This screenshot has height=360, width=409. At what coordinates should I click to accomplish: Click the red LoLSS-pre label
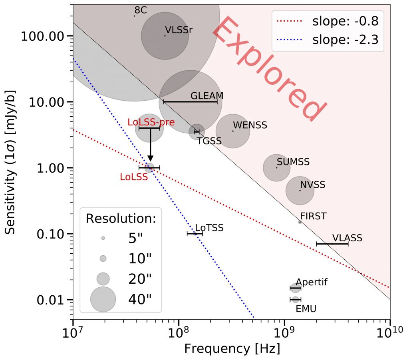151,122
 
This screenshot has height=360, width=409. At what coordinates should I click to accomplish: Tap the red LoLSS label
134,177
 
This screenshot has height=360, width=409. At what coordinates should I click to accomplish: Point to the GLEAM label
206,96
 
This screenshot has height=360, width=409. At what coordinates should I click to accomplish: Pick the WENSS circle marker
233,131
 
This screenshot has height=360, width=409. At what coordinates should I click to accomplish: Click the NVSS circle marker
300,191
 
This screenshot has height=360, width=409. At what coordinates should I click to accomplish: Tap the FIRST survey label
313,217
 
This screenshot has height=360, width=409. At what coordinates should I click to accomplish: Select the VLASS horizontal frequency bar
332,244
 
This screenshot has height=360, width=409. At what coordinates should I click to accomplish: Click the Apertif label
312,282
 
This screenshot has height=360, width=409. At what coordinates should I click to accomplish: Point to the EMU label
305,308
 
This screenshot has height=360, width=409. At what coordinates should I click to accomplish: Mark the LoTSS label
209,228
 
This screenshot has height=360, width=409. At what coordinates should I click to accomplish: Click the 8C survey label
141,10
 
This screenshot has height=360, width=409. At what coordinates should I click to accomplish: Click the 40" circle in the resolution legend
103,299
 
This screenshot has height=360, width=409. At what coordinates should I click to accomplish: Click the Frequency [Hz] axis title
232,348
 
